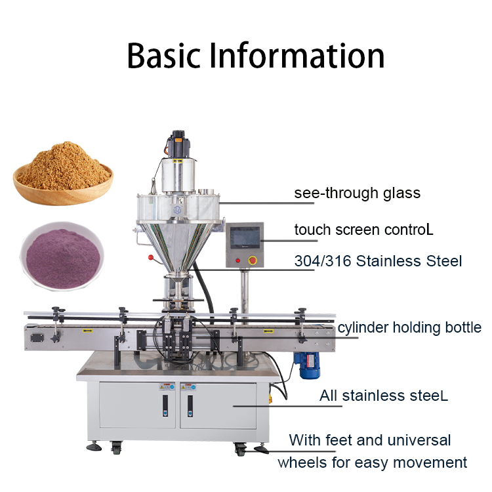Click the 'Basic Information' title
coord(256,56)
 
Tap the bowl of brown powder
coord(63,174)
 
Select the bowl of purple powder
coord(62,255)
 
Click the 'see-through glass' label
coord(357,193)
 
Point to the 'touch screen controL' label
coord(363,230)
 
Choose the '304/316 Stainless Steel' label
coord(378,261)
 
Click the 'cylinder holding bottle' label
coord(409,328)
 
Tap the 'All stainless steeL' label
coord(384,396)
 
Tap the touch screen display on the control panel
coord(245,237)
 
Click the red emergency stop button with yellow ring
coord(253,260)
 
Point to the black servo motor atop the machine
coord(178,144)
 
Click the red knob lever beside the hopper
coord(152,258)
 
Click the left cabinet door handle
coord(165,405)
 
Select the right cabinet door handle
coord(190,405)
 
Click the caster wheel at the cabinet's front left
coord(116,447)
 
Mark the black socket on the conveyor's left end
coord(37,338)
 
